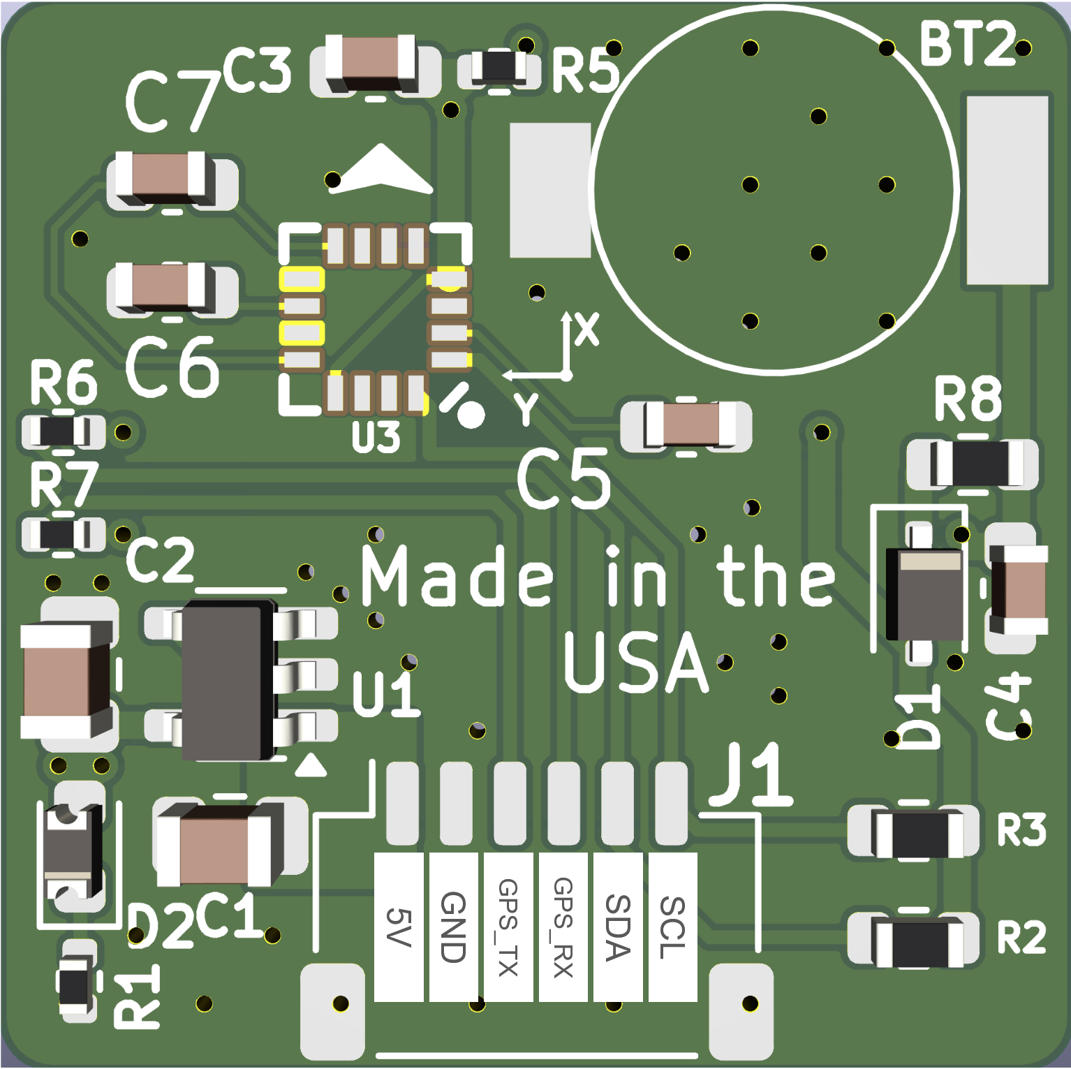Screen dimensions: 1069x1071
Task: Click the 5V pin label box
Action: click(399, 927)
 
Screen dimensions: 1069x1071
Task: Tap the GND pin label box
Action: click(453, 927)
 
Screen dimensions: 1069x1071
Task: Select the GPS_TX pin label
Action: click(508, 927)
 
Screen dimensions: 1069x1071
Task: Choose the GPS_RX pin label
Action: click(563, 927)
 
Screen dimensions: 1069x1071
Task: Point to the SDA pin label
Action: click(618, 927)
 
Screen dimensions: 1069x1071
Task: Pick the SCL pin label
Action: click(672, 927)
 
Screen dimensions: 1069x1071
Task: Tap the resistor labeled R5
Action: click(498, 68)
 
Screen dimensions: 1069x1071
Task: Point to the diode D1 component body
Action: click(924, 594)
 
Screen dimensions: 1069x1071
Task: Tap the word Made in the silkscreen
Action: click(457, 576)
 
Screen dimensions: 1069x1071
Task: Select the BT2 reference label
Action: click(967, 43)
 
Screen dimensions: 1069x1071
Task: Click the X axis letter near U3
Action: click(587, 329)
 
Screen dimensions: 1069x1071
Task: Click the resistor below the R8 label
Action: click(972, 464)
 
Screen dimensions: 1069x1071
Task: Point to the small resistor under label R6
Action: click(62, 432)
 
